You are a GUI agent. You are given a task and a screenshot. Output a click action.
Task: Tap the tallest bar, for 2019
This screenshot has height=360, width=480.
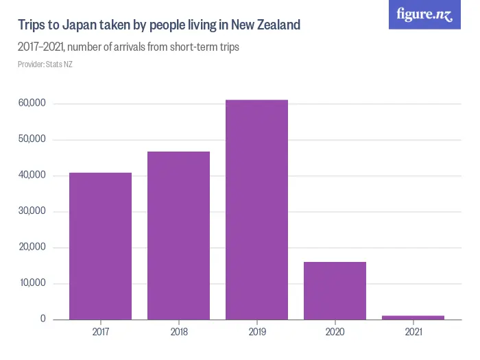(256, 209)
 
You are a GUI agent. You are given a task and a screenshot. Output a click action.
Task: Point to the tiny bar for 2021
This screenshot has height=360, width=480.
(413, 317)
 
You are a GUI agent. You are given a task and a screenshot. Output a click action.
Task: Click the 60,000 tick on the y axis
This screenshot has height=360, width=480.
(32, 104)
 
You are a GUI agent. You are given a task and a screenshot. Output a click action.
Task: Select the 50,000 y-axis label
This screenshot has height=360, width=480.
(32, 140)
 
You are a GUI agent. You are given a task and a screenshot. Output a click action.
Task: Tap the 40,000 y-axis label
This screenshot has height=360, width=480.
(32, 176)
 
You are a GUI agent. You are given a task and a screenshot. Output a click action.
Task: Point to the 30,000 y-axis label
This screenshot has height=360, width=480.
(32, 211)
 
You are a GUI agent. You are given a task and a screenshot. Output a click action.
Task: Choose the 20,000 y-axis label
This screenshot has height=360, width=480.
(32, 248)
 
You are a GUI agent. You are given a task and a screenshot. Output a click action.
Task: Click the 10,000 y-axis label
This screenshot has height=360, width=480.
(32, 283)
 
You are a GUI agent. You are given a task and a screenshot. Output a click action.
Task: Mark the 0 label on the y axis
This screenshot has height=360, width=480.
(43, 319)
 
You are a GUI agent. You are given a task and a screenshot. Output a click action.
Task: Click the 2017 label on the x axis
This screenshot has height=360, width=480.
(100, 332)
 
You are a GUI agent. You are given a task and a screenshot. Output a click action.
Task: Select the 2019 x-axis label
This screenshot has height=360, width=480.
(256, 332)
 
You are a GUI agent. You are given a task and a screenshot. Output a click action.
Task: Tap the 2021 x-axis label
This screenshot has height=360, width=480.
(413, 332)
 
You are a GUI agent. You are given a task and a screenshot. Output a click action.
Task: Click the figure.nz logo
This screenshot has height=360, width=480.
(425, 14)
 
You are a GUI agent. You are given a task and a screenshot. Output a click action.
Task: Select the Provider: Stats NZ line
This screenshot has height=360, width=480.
(45, 64)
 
